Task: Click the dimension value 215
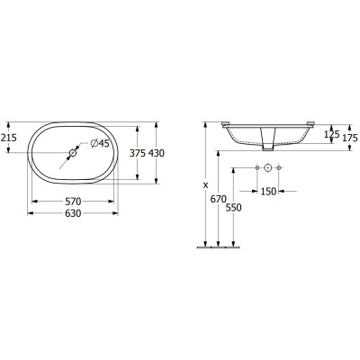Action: (9, 137)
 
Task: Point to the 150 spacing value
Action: (269, 189)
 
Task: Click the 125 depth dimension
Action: (331, 136)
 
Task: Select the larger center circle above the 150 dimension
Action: (268, 168)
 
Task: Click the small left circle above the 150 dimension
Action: (256, 168)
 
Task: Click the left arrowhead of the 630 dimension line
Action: (29, 214)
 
